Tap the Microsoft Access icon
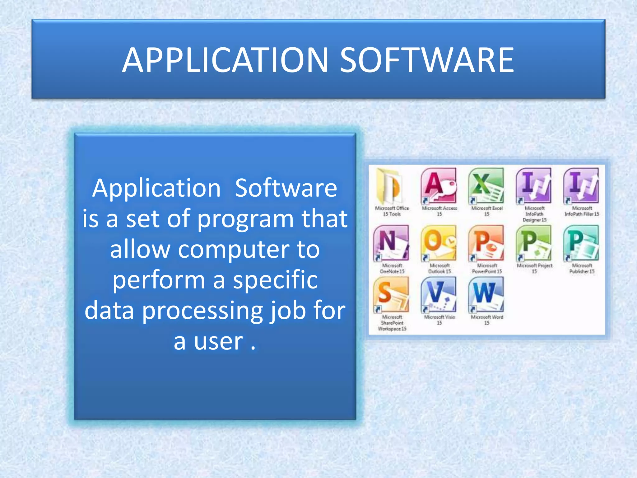439,186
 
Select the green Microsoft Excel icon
486,186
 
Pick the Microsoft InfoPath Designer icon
534,186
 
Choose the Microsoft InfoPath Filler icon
581,186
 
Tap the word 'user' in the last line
218,341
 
